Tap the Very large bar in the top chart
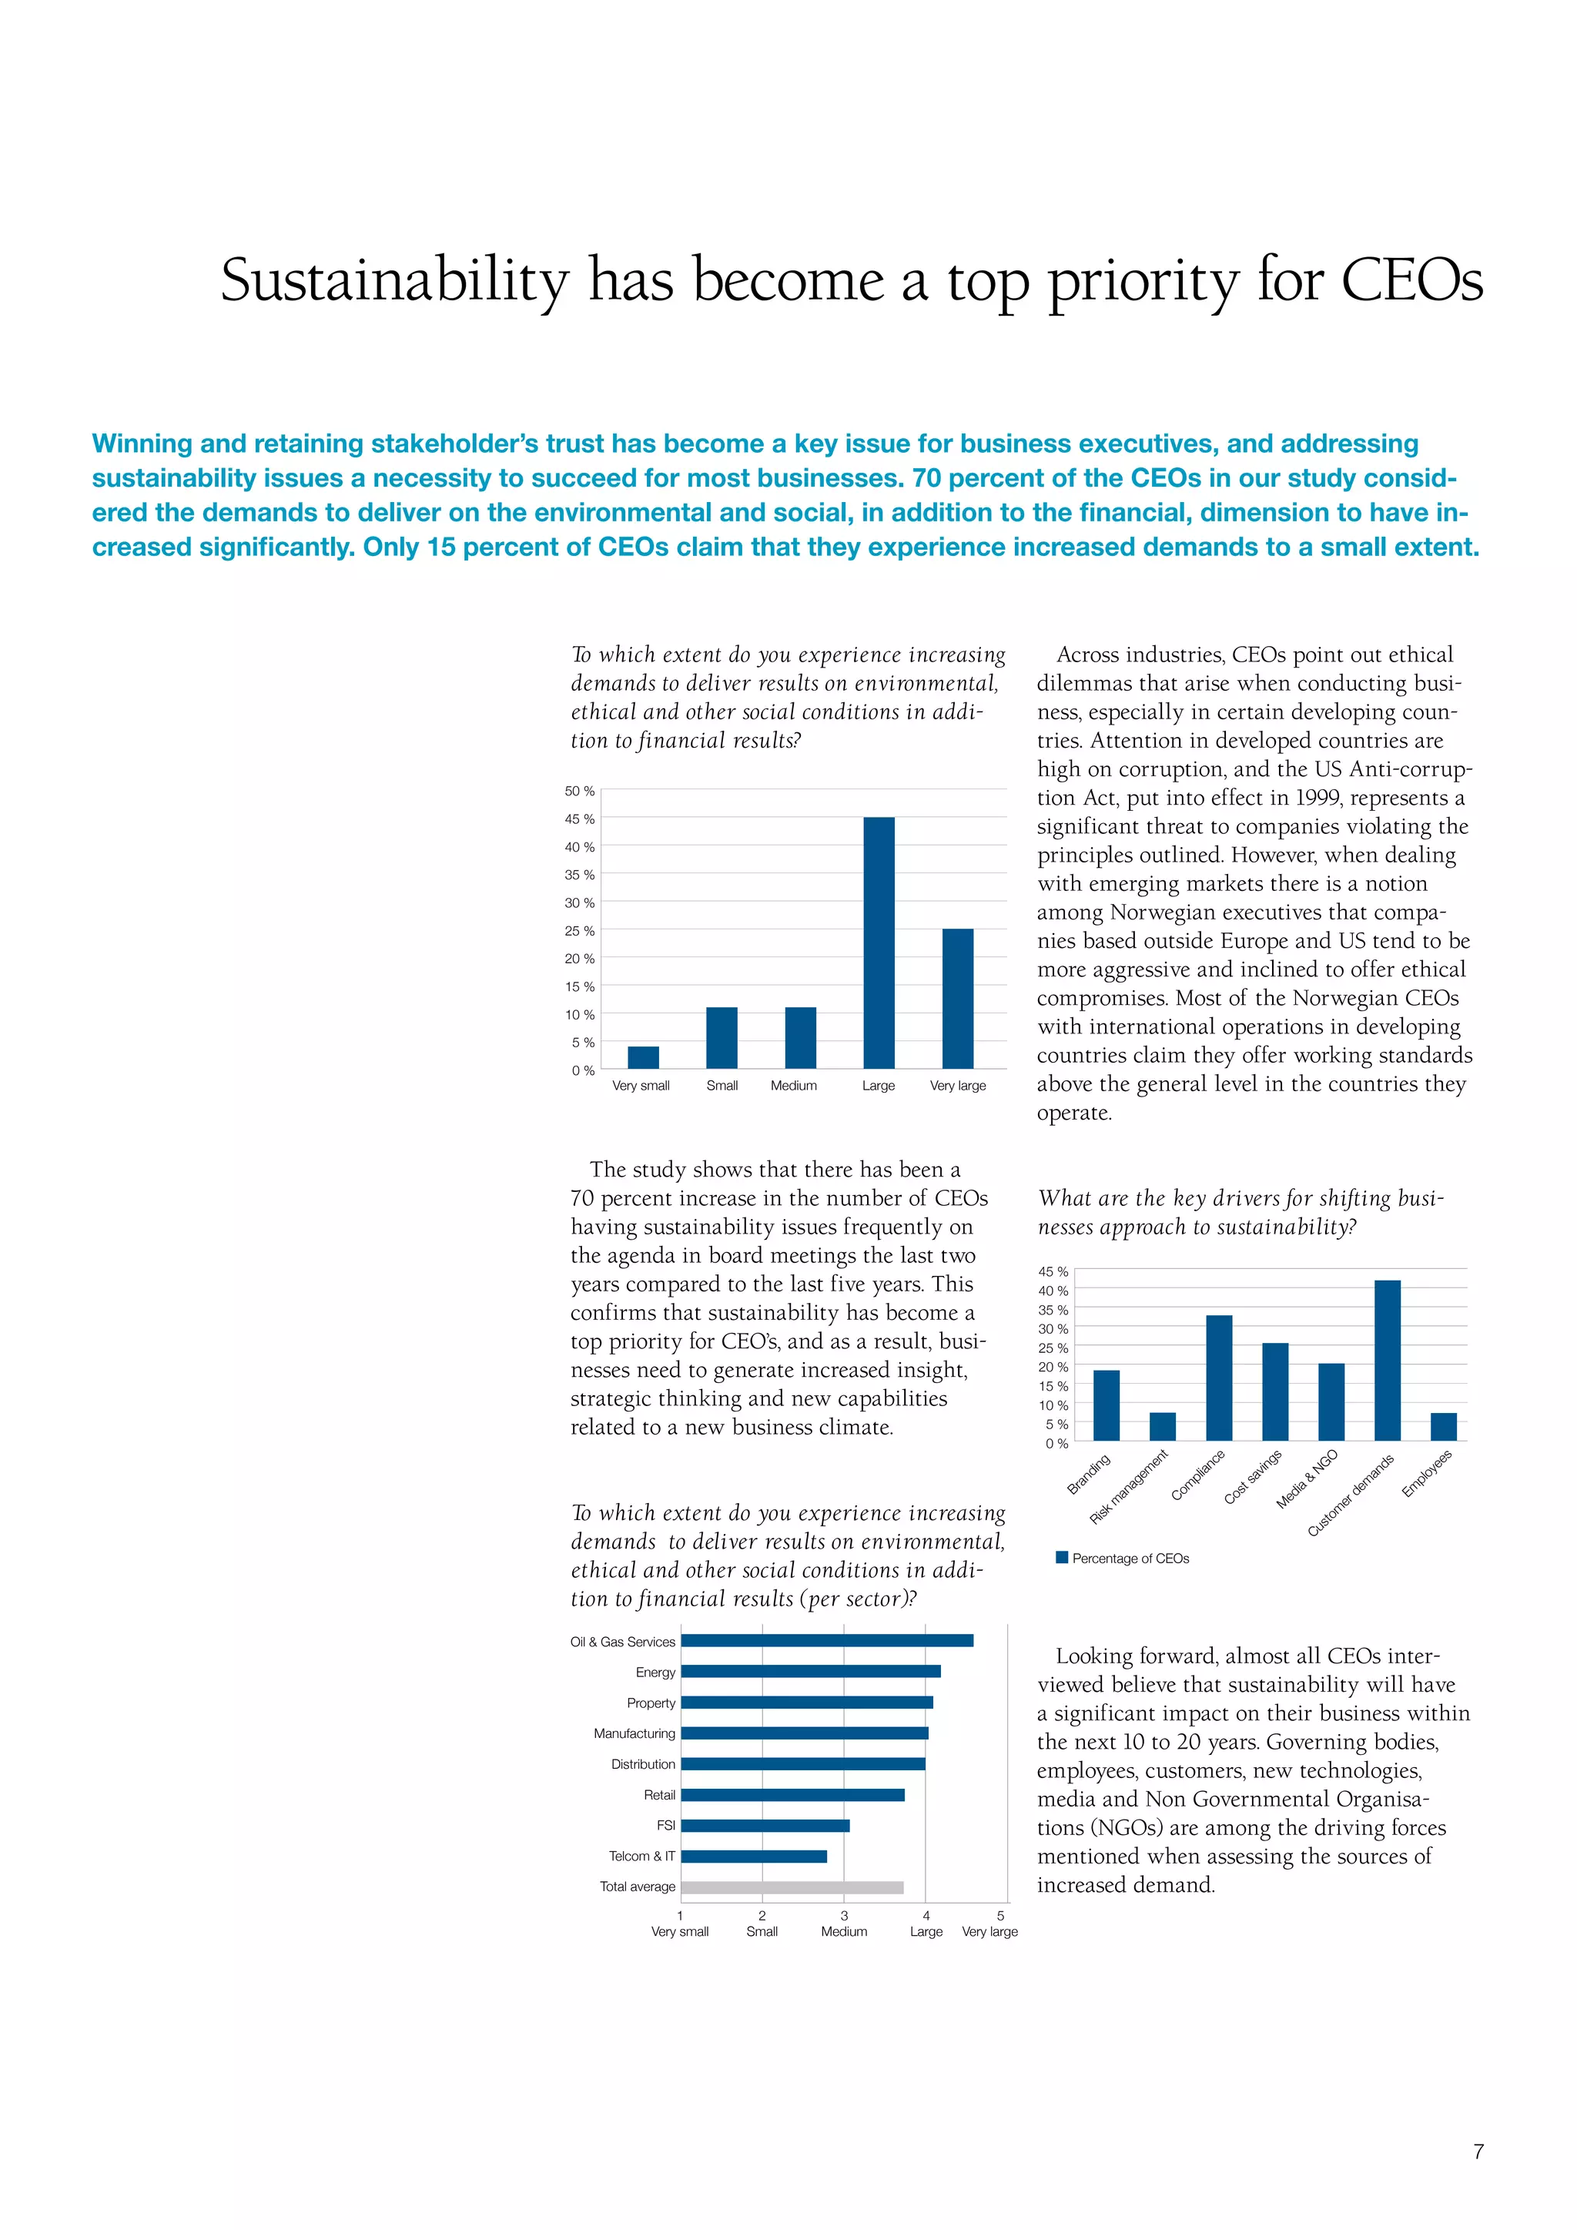click(x=957, y=999)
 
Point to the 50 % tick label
click(x=580, y=792)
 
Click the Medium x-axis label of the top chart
click(x=793, y=1086)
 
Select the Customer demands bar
click(x=1387, y=1360)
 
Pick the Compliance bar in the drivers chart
click(x=1219, y=1378)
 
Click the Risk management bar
click(x=1163, y=1426)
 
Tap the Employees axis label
click(x=1427, y=1473)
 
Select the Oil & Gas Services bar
click(x=826, y=1640)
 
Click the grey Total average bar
click(x=792, y=1887)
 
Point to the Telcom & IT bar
click(x=754, y=1856)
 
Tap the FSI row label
click(x=665, y=1826)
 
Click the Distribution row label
click(x=643, y=1764)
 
